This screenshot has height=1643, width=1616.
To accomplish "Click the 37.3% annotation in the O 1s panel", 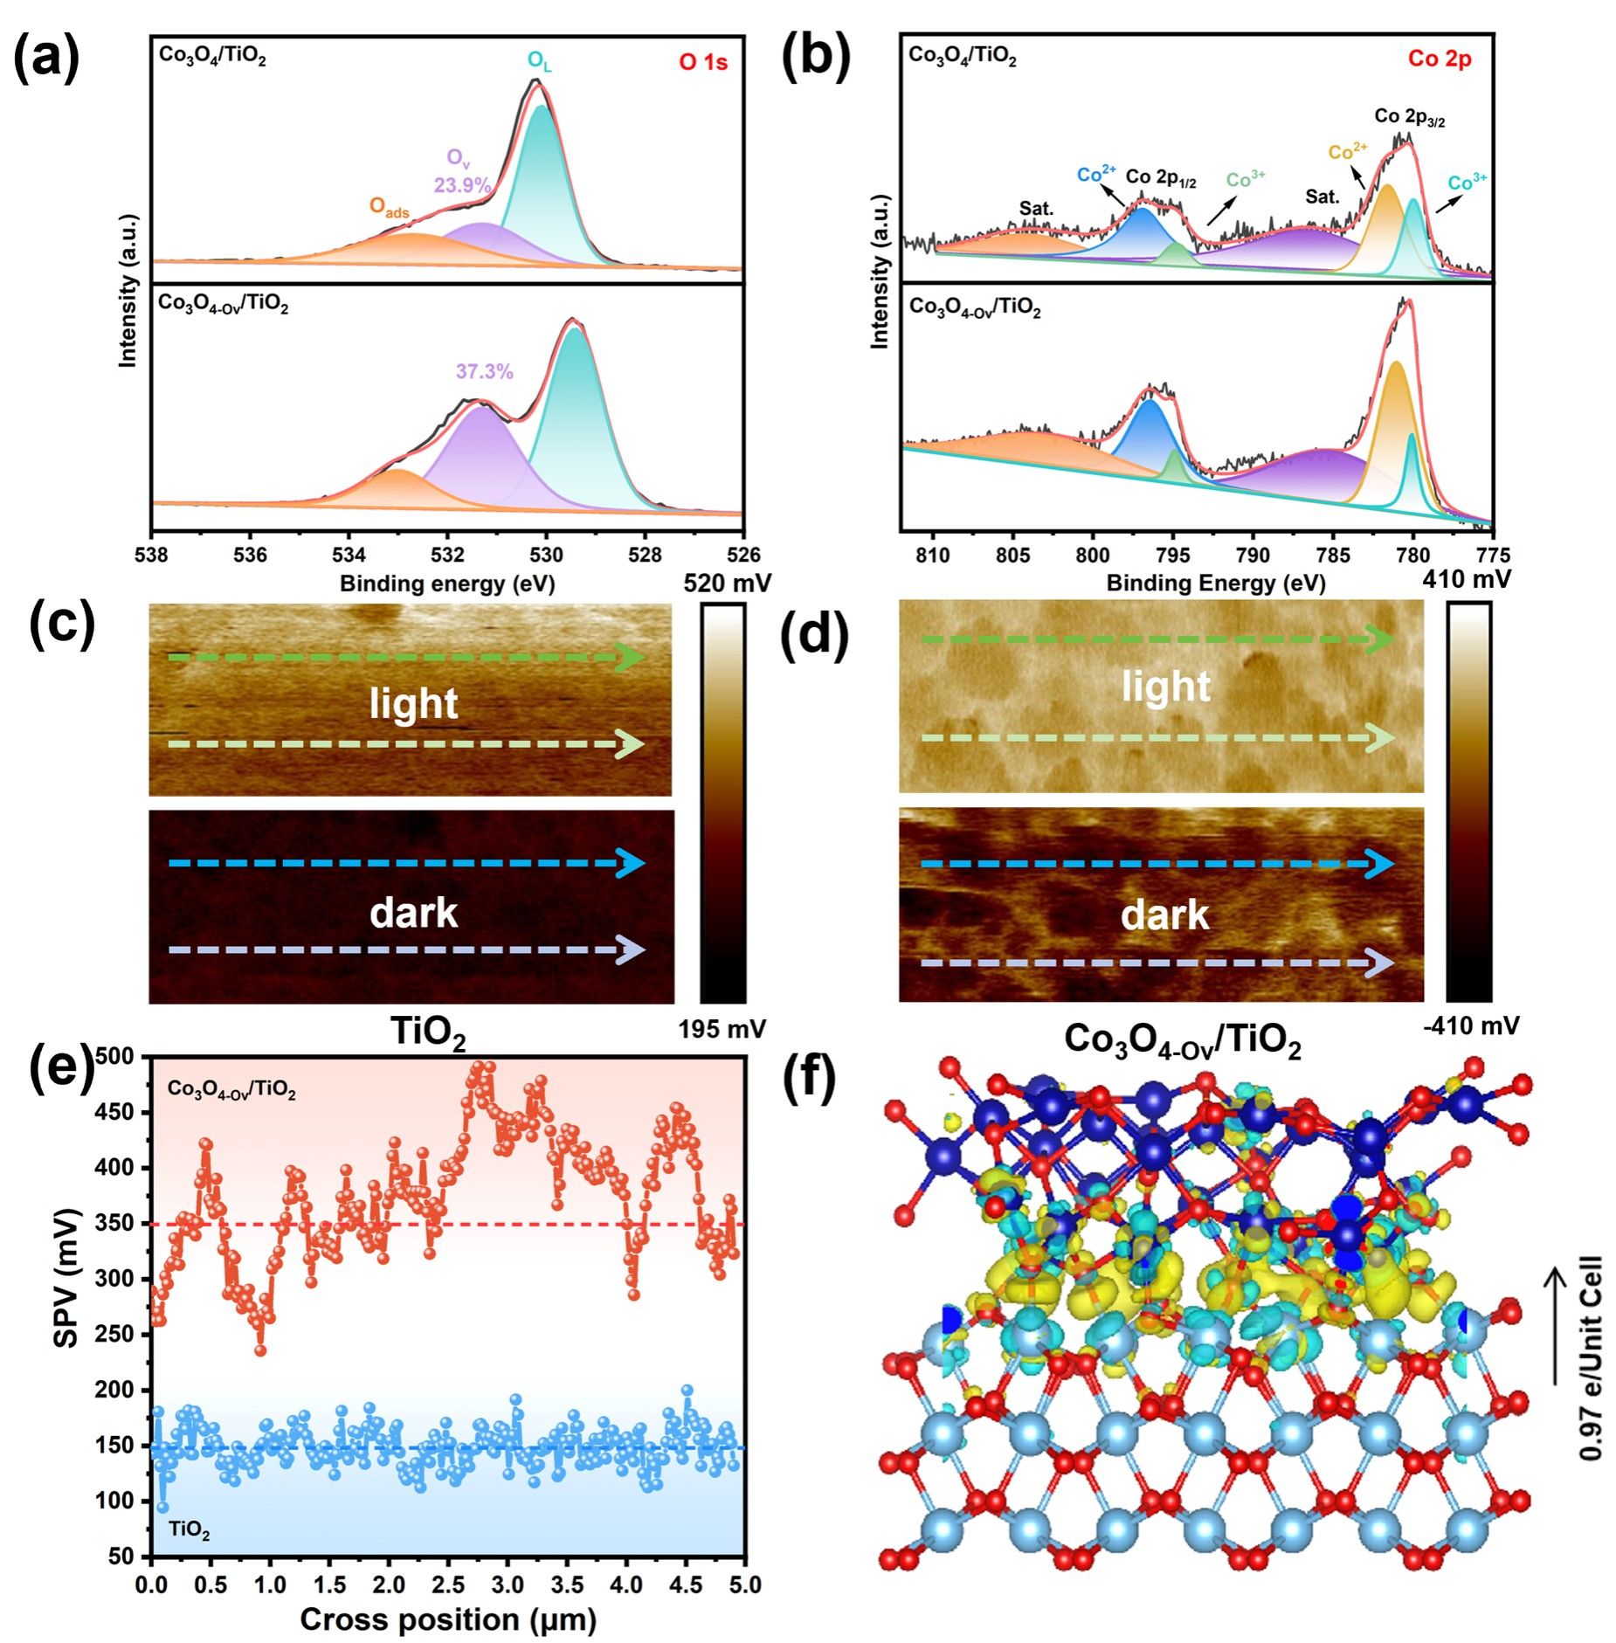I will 484,371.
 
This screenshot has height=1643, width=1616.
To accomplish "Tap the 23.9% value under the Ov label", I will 462,185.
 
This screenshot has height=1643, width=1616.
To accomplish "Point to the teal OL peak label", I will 539,60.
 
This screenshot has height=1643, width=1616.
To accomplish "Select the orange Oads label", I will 389,207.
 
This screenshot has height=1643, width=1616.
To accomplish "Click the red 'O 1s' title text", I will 703,62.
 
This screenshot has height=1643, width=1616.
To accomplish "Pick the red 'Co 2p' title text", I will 1440,59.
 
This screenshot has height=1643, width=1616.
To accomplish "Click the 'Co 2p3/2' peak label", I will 1409,117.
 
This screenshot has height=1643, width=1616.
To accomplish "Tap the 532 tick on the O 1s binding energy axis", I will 448,555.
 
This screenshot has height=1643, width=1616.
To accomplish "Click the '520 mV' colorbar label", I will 727,583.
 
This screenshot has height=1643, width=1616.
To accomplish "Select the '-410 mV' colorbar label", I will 1471,1025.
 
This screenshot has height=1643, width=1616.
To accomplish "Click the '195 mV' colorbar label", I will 722,1029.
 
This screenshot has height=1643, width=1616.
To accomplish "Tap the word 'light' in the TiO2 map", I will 413,703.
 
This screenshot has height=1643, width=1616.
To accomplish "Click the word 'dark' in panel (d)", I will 1164,915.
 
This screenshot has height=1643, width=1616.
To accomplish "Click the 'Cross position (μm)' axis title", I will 447,1619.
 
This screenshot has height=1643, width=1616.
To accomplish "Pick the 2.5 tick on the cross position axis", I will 447,1584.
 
